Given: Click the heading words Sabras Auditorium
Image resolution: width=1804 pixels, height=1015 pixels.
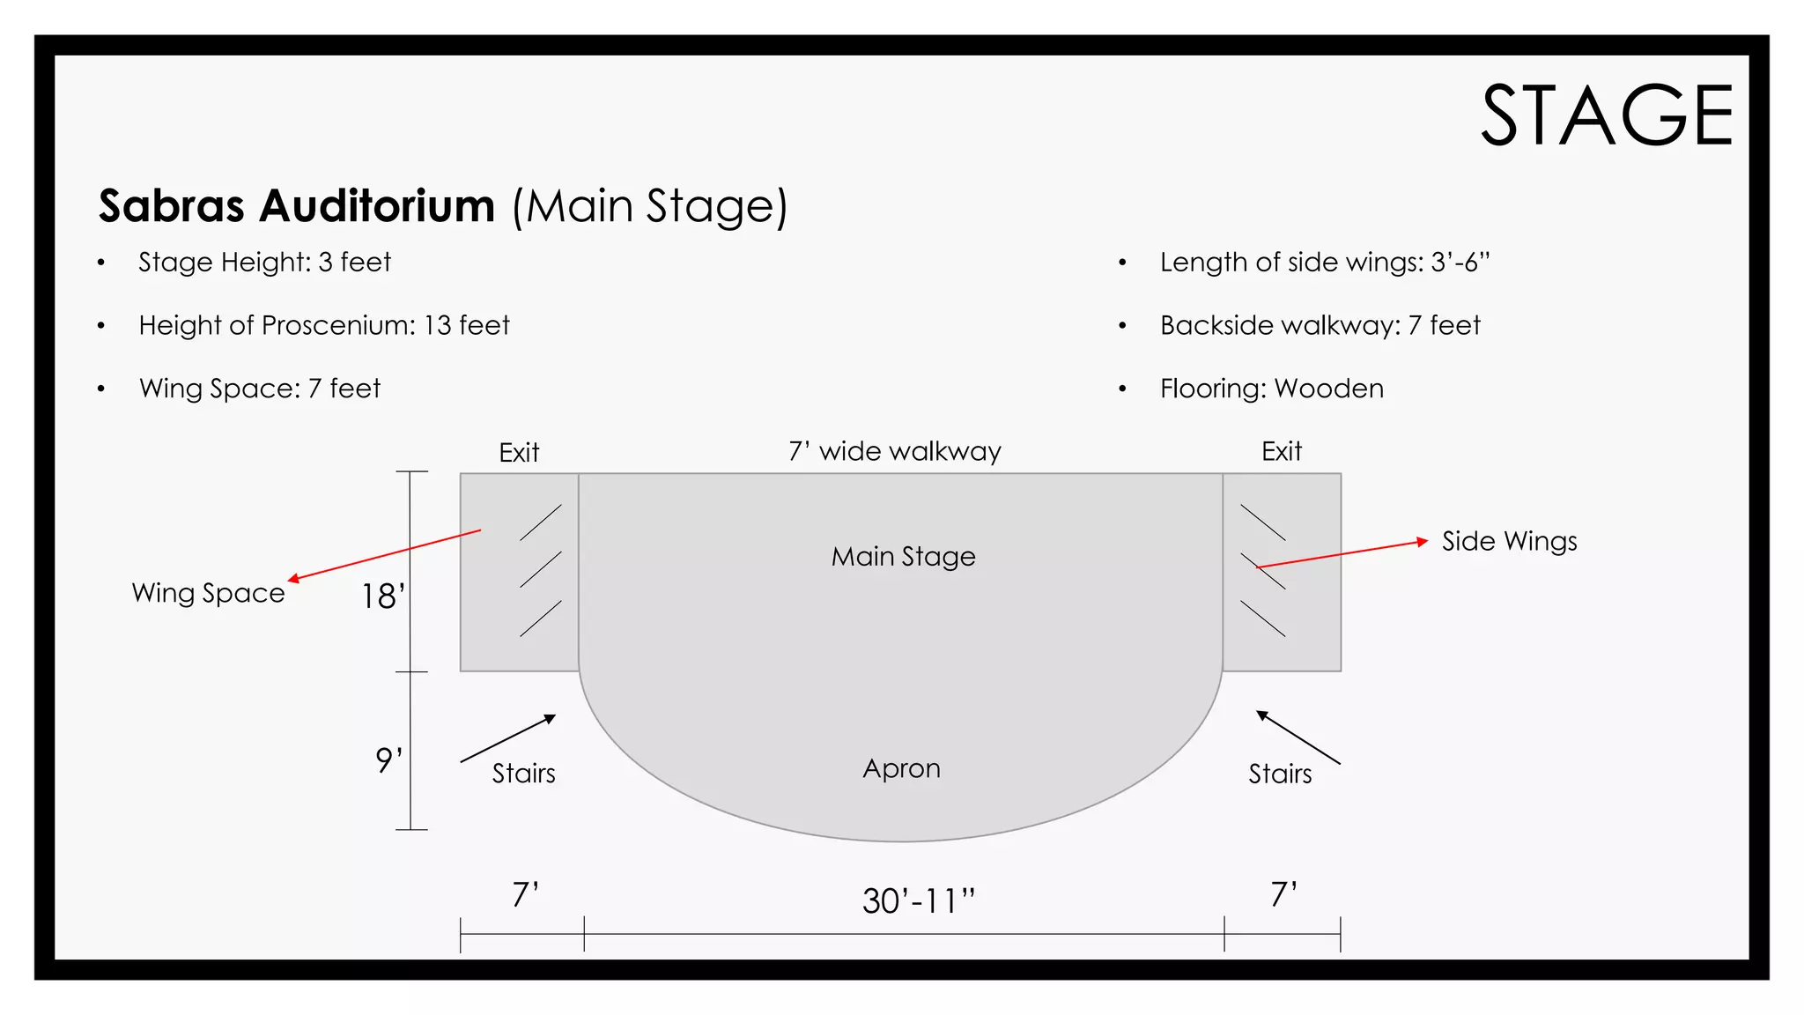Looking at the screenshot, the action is pos(297,206).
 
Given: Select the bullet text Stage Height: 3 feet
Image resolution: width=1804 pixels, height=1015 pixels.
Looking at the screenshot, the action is pos(264,263).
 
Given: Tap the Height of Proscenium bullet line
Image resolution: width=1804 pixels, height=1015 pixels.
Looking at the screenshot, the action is pos(324,326).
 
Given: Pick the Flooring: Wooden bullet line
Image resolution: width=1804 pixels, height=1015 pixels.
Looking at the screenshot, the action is pos(1271,389).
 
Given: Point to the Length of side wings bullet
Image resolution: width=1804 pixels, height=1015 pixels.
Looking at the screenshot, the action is pos(1324,263).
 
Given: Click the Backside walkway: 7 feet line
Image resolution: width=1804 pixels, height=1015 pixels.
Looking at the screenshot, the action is pos(1320,326).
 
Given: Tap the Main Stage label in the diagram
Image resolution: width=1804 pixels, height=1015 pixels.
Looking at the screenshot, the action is pos(903,557).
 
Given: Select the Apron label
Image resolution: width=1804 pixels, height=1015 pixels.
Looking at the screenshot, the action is pos(901,768).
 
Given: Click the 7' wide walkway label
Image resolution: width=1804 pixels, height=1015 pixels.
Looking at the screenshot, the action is pos(895,452).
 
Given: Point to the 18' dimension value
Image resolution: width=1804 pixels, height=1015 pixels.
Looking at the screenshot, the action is pos(383,596).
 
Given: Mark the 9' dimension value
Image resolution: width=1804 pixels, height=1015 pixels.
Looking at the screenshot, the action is pos(388,759).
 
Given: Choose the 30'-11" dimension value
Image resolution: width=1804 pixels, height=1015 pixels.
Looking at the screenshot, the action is pos(919,900).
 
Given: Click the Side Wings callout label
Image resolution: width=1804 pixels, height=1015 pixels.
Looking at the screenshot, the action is pos(1509,541).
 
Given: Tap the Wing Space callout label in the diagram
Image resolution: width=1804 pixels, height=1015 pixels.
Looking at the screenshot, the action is pos(208,593).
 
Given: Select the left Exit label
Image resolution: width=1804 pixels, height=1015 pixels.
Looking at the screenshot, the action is pos(519,453).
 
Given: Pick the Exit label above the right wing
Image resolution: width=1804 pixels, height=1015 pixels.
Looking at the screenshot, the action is pos(1281,452).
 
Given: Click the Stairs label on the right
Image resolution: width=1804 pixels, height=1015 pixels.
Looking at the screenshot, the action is pos(1280,774).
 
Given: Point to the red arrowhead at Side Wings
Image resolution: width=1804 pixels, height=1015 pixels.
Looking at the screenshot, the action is pos(1422,541).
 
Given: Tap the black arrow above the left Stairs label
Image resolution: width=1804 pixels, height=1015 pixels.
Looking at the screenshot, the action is pos(508,738).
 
